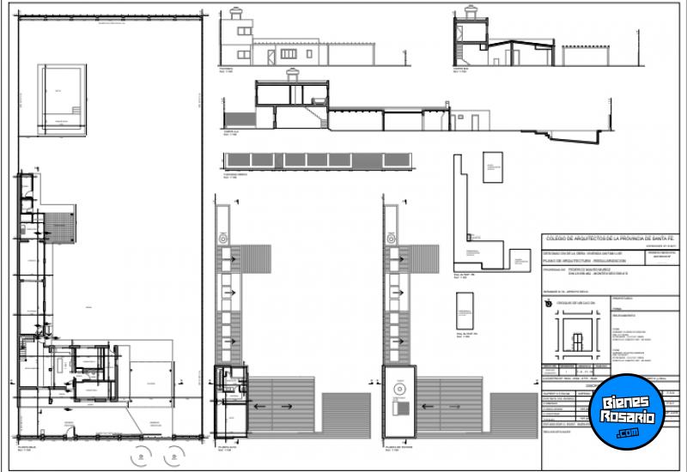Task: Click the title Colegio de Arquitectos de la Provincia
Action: [x=612, y=238]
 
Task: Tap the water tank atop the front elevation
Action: [x=238, y=15]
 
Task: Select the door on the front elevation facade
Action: [x=272, y=55]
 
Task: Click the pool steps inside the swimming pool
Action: [x=78, y=111]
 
